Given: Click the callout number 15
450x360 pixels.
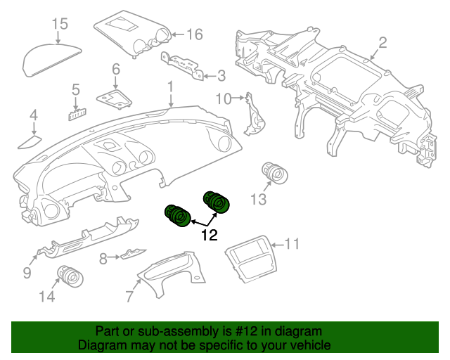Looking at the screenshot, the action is coord(60,24).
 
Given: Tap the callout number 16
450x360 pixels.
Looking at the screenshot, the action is coord(195,34).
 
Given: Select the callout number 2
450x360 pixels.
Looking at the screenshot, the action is coord(382,43).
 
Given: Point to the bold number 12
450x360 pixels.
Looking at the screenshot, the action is coord(210,235).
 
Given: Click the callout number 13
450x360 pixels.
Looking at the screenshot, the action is coord(258,199).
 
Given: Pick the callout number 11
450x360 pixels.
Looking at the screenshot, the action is coord(292,244).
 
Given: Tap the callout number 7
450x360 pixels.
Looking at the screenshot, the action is coord(129,296).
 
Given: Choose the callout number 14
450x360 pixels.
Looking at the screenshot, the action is coord(47,296).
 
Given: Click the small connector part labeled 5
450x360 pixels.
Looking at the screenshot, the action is coord(78,115).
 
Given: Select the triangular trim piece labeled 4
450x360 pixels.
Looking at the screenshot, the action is coord(30,143).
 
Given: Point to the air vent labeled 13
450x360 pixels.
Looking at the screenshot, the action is coord(275,173).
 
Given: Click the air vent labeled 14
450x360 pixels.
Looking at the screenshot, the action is coord(70,276).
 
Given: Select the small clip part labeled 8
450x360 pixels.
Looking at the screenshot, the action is coord(134,254).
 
